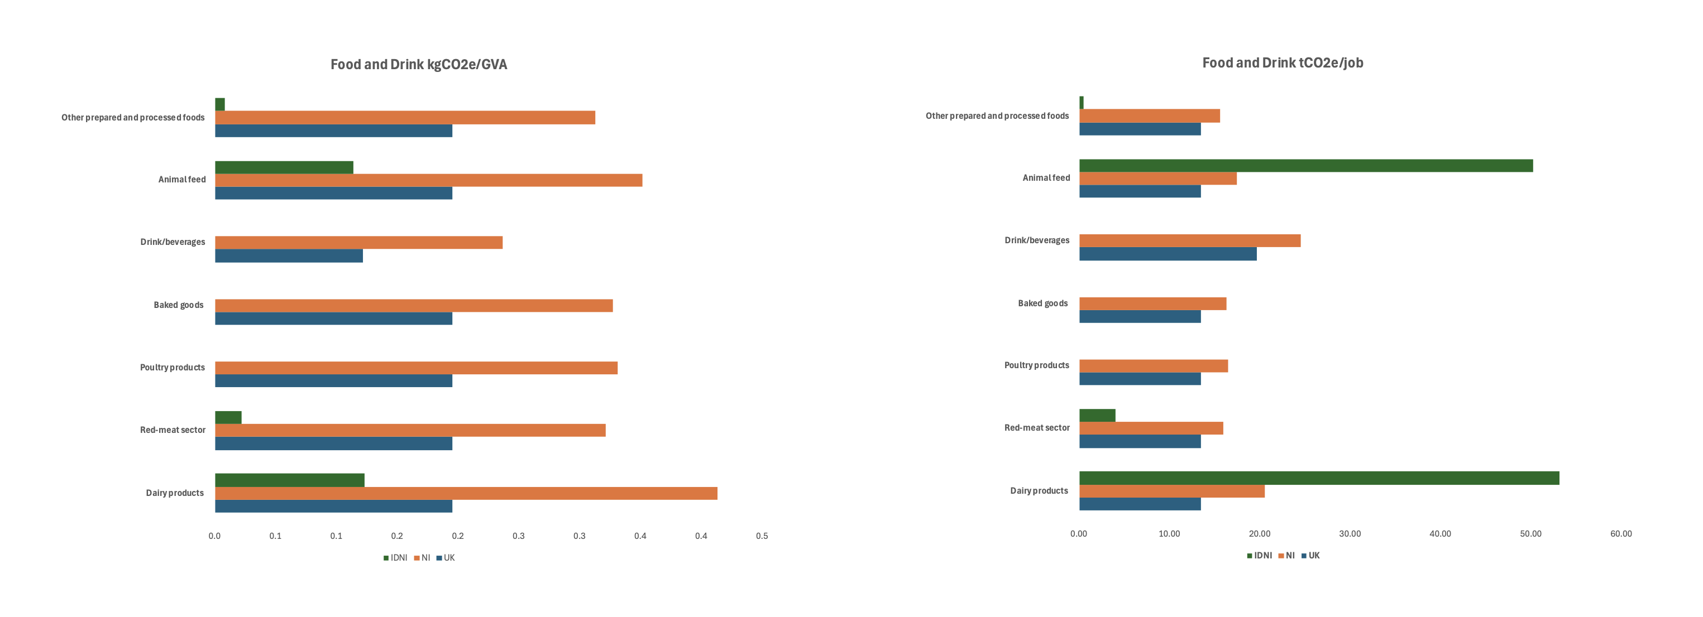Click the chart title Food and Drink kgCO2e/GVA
418,64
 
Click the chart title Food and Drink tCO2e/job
1282,62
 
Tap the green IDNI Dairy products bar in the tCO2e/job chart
1318,478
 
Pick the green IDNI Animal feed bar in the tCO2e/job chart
1305,166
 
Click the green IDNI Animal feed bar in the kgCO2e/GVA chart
284,167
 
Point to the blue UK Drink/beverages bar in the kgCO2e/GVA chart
288,256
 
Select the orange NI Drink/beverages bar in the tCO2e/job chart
1189,240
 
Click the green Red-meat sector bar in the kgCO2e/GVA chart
228,417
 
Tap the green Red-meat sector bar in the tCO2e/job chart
1097,416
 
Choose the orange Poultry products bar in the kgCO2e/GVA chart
416,368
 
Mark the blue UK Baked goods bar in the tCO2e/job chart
1140,316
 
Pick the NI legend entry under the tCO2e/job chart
1286,556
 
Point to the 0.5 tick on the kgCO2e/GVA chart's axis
762,536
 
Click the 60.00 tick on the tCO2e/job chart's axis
1620,534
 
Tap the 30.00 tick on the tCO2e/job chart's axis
1350,534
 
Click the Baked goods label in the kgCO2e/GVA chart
179,305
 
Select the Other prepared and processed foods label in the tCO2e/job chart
996,116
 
